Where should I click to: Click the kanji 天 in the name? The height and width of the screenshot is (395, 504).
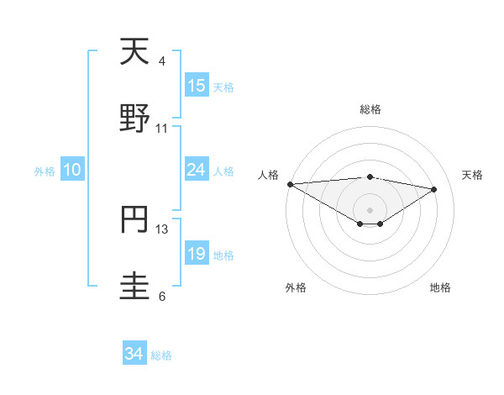134,52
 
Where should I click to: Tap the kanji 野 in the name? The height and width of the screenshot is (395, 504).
134,119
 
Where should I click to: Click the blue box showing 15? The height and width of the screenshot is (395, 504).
197,86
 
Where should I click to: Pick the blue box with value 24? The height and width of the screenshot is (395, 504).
197,170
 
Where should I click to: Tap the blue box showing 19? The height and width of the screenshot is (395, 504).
197,254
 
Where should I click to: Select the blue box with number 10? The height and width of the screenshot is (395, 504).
72,170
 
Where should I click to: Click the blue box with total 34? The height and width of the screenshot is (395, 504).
134,355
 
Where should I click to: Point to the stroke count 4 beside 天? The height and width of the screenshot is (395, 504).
161,61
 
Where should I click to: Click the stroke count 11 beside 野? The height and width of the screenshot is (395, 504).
162,129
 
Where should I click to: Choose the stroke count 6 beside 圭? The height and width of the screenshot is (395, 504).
161,297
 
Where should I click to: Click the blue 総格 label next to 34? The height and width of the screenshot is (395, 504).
161,355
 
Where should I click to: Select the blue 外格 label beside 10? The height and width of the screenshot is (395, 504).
45,171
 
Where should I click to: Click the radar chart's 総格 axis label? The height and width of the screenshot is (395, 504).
370,109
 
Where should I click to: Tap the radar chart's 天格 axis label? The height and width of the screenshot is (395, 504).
472,175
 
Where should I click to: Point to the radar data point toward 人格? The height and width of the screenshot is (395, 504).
290,184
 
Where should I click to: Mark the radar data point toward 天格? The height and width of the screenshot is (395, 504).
434,189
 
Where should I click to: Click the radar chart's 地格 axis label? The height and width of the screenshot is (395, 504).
440,287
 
